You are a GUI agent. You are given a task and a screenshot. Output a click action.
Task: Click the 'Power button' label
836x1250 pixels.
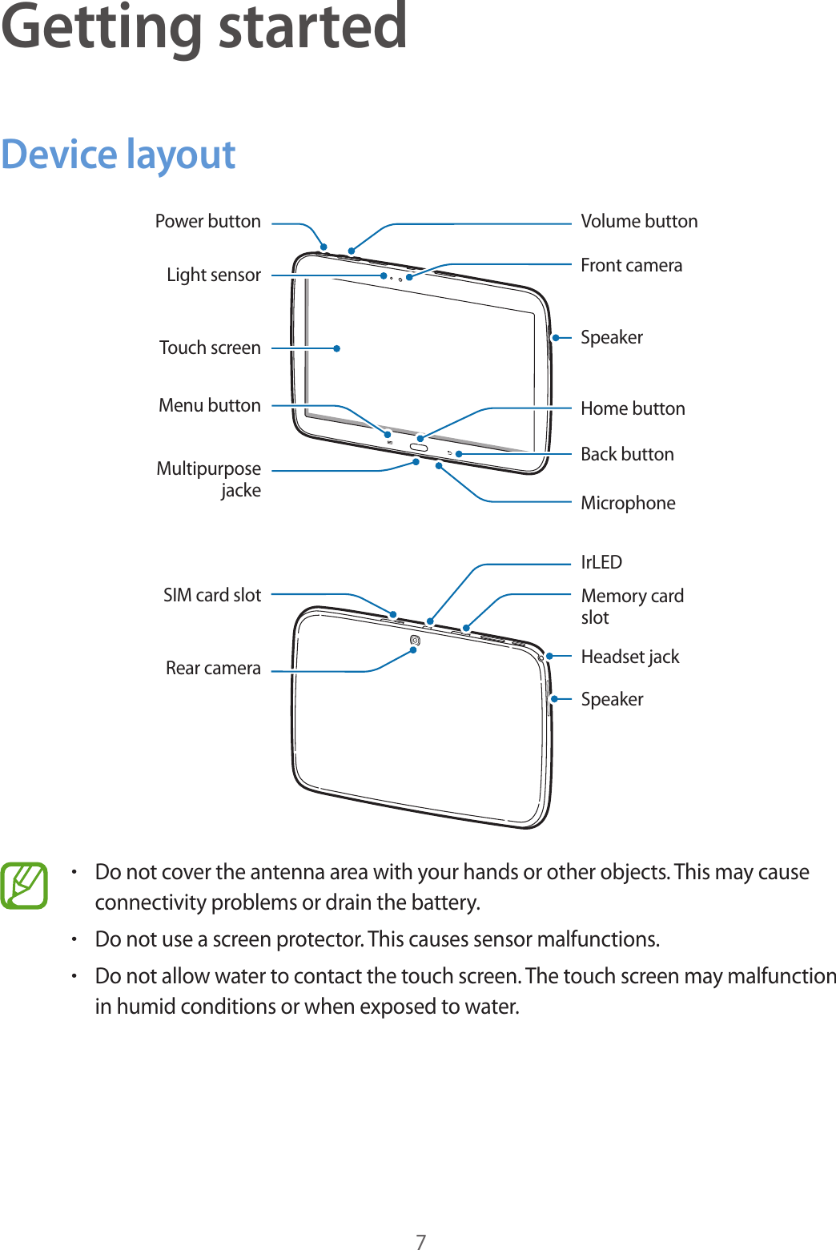[x=207, y=221]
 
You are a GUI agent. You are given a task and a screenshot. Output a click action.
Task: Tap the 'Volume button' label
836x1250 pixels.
[x=639, y=221]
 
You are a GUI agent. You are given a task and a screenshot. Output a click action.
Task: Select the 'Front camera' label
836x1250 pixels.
[x=631, y=265]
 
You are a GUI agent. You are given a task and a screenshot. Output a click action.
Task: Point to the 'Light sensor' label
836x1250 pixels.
[x=213, y=275]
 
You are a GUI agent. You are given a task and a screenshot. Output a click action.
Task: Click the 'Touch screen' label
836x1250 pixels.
[x=210, y=348]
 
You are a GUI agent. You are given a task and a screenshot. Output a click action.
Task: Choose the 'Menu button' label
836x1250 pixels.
[x=210, y=405]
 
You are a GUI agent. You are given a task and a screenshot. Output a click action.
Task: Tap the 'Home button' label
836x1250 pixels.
[x=633, y=408]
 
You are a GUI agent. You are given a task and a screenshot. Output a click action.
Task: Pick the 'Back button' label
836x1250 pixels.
[x=627, y=454]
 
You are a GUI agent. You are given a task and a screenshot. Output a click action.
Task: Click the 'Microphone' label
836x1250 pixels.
[x=628, y=503]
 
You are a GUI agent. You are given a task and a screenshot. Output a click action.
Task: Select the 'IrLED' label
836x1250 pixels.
[x=601, y=562]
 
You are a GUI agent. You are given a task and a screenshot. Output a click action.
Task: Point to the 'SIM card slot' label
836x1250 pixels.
[x=212, y=595]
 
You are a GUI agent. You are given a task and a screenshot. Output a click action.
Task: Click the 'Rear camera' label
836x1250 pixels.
[x=213, y=668]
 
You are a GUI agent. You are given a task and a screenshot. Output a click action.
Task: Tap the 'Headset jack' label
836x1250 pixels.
[x=629, y=657]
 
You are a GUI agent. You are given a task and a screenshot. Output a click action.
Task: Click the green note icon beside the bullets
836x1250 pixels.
[x=24, y=886]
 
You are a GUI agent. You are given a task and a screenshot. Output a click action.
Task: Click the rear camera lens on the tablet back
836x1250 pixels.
[x=415, y=640]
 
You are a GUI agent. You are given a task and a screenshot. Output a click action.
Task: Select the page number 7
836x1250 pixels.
[x=420, y=1241]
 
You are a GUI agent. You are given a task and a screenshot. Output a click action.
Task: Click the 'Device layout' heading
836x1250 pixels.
[x=119, y=155]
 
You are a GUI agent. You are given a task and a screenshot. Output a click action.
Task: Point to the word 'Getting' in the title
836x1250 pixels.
[x=101, y=27]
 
